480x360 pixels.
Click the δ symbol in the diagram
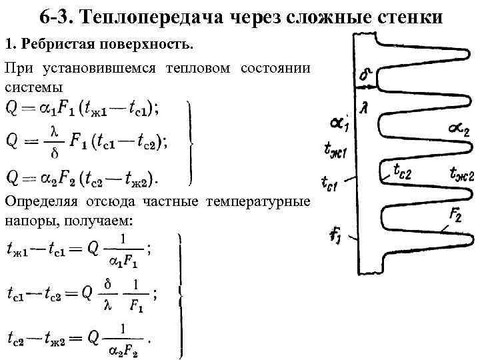pos(365,76)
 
